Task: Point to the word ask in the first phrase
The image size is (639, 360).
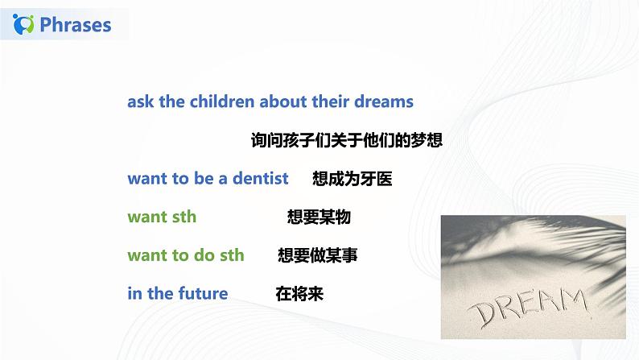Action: pos(141,101)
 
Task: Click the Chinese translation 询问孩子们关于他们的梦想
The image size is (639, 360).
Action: pos(346,140)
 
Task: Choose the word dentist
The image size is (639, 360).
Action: pos(249,179)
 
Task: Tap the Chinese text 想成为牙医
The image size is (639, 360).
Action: pos(352,179)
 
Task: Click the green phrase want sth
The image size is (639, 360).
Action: pos(162,217)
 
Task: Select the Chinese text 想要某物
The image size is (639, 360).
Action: pos(319,217)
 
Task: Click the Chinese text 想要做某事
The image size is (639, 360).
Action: pos(317,255)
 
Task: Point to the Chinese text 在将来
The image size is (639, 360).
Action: pos(299,293)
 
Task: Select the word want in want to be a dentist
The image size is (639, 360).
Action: pos(147,179)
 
